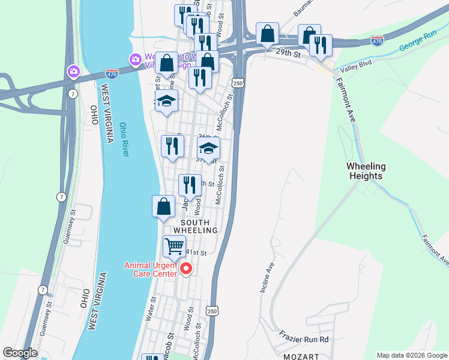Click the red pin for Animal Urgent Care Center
tap(186, 268)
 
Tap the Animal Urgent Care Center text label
tap(151, 269)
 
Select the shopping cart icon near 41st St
tap(174, 245)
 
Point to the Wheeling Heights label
tap(365, 171)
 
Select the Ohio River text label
tap(124, 140)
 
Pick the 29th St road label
tap(288, 53)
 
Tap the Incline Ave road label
tap(267, 277)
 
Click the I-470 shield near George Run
tap(377, 41)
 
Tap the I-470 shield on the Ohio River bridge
tap(112, 73)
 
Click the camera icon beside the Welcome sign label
tap(134, 59)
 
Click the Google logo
tap(20, 353)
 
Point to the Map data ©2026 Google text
tap(412, 355)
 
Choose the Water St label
tap(151, 308)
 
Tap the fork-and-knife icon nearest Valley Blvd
tap(321, 46)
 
